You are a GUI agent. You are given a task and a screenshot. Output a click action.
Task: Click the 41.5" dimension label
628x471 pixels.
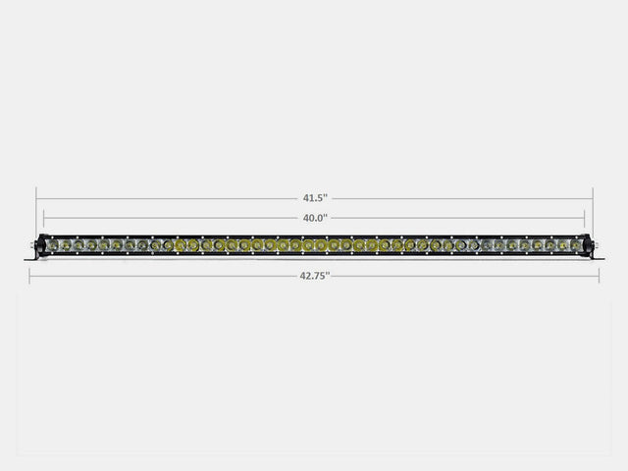tap(315, 198)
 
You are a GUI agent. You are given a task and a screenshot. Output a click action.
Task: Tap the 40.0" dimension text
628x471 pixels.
tap(315, 218)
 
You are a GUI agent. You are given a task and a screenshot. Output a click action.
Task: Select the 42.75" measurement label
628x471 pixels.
tap(315, 276)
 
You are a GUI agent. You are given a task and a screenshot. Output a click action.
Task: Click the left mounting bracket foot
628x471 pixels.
tap(30, 257)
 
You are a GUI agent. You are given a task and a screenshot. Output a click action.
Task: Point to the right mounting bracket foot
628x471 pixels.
tap(598, 257)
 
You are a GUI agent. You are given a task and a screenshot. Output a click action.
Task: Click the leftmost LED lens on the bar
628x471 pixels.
tap(53, 245)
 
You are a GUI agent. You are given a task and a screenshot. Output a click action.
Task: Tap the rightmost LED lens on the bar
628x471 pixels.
tap(576, 245)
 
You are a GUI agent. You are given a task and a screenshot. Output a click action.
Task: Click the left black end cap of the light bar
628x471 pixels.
tap(41, 245)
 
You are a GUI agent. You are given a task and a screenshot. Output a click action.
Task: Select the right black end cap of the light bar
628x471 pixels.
tap(588, 245)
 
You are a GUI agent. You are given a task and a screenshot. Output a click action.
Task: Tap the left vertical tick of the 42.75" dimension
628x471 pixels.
tap(29, 276)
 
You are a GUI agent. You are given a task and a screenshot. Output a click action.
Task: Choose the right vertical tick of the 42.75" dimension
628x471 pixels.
tap(600, 276)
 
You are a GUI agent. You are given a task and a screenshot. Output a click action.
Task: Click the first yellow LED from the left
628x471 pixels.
tap(181, 245)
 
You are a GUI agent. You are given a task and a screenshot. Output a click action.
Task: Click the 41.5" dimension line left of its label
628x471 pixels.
tap(167, 198)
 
